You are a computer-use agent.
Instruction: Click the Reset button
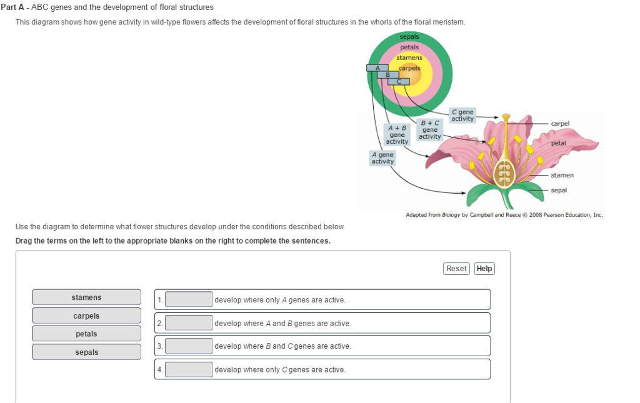click(456, 269)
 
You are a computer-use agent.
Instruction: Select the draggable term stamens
click(86, 297)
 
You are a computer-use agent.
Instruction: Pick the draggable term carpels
click(86, 316)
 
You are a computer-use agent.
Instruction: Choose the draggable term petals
click(86, 334)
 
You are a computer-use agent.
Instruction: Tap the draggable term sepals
click(86, 352)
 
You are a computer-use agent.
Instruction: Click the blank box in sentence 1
click(189, 299)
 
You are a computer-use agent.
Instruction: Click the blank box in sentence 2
click(189, 323)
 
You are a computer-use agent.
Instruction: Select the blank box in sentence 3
click(189, 346)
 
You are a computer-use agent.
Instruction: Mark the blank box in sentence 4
click(189, 369)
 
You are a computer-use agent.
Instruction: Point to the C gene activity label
click(462, 115)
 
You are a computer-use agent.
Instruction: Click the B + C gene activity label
click(430, 130)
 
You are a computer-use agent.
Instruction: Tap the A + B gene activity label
click(397, 134)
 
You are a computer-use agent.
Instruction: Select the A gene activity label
click(382, 158)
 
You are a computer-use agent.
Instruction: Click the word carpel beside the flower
click(560, 123)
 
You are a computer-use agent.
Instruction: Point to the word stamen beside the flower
click(562, 175)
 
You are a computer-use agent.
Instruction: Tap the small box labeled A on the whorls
click(377, 68)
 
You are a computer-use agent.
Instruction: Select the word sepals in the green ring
click(409, 37)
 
